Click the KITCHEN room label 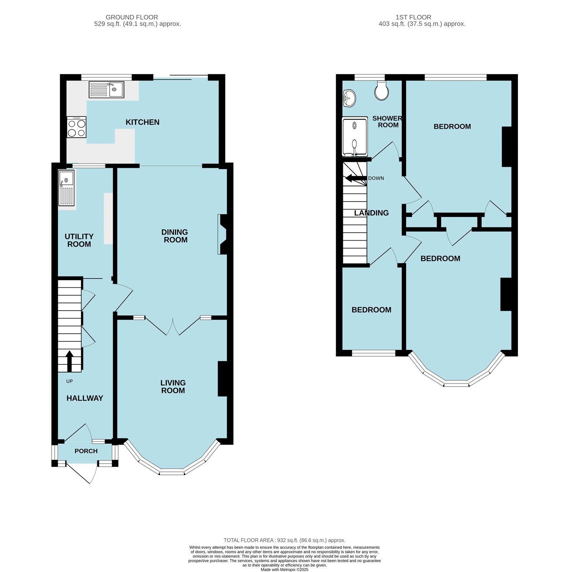tap(142, 122)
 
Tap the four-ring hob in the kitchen tap(76, 127)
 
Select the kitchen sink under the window tap(106, 90)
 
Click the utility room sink tap(66, 188)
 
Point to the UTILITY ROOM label tap(79, 241)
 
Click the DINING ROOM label tap(175, 236)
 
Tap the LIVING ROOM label tap(173, 387)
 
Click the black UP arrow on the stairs tap(69, 361)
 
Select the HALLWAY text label tap(85, 398)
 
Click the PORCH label tap(86, 451)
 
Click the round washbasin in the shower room tap(349, 98)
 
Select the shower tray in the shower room tap(355, 137)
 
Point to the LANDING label tap(371, 213)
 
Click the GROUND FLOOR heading tap(132, 17)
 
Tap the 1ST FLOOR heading tap(413, 17)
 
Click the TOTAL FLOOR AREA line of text tap(284, 540)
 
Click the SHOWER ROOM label tap(388, 122)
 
